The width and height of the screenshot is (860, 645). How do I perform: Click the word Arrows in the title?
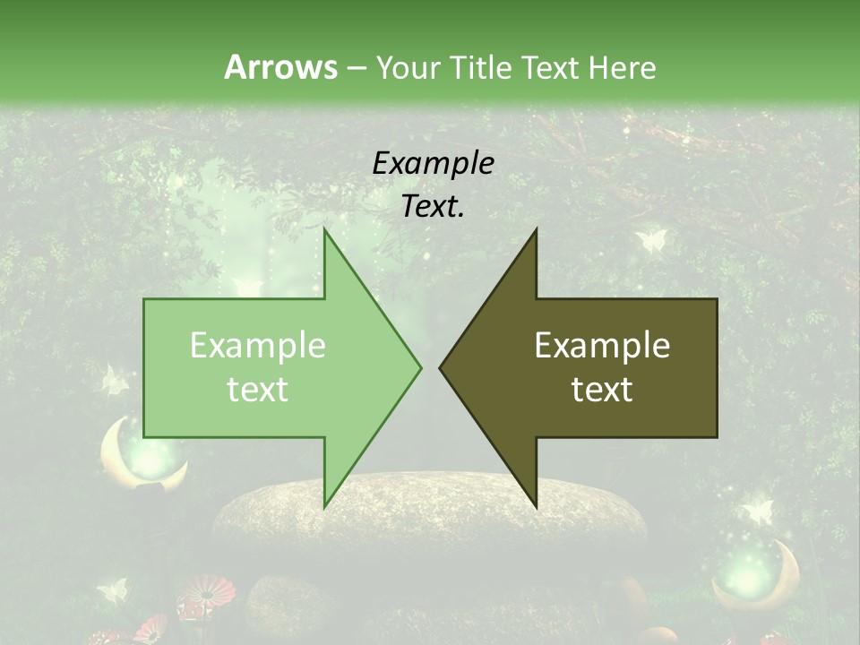point(280,67)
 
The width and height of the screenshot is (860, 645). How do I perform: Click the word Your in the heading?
point(408,67)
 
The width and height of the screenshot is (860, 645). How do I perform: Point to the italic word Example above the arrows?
point(433,163)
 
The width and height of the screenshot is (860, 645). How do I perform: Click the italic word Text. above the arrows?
point(433,206)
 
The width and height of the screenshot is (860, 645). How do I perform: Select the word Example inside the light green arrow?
point(258,345)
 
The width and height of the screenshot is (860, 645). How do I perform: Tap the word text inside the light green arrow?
point(258,389)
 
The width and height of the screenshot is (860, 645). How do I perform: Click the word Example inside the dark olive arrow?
point(602,345)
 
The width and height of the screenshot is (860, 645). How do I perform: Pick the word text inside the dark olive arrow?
point(602,389)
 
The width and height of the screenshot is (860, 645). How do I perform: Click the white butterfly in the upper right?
point(651,240)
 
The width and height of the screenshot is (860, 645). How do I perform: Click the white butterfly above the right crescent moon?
point(758,511)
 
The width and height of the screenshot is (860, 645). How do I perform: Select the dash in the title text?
point(356,67)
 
